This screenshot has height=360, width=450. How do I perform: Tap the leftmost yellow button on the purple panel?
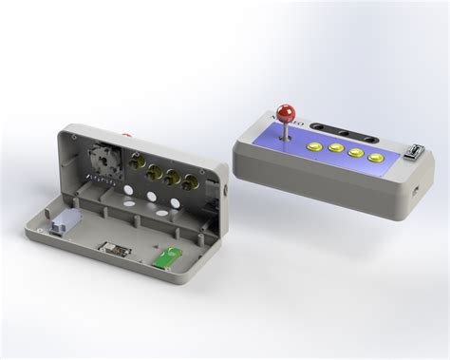314,148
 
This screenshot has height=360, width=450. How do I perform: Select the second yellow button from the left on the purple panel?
336,150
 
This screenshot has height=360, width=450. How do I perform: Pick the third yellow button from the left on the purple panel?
357,153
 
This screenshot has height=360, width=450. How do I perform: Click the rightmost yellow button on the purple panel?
377,157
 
